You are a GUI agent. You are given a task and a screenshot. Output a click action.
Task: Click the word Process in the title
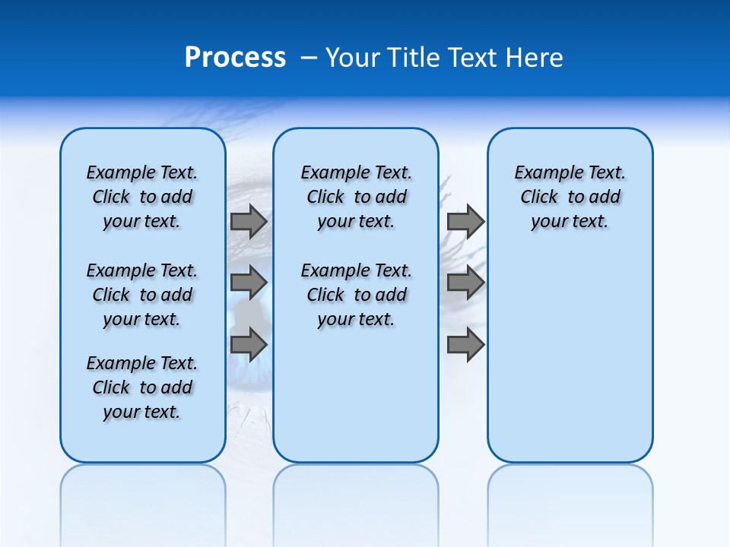235,58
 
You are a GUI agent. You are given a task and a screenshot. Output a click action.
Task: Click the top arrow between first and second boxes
249,221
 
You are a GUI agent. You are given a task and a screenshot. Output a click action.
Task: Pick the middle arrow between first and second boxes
249,283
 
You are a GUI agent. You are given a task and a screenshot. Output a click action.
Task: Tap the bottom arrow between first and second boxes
249,344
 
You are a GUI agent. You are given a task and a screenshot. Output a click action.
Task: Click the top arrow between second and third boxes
465,221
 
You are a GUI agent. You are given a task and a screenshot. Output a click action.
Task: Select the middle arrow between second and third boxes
465,283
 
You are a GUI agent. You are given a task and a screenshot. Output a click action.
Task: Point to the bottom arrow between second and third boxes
465,344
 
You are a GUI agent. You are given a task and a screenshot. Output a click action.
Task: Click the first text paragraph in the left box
142,197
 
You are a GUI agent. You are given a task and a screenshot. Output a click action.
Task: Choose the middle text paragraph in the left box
142,295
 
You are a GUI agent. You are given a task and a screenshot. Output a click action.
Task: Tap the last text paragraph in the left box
142,387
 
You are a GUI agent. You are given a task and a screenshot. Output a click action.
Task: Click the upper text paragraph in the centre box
356,197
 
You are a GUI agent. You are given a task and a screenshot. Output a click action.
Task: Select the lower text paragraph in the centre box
356,295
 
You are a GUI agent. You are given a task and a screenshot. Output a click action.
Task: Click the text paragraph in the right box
570,197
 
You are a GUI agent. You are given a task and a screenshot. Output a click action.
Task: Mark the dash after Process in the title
309,58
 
